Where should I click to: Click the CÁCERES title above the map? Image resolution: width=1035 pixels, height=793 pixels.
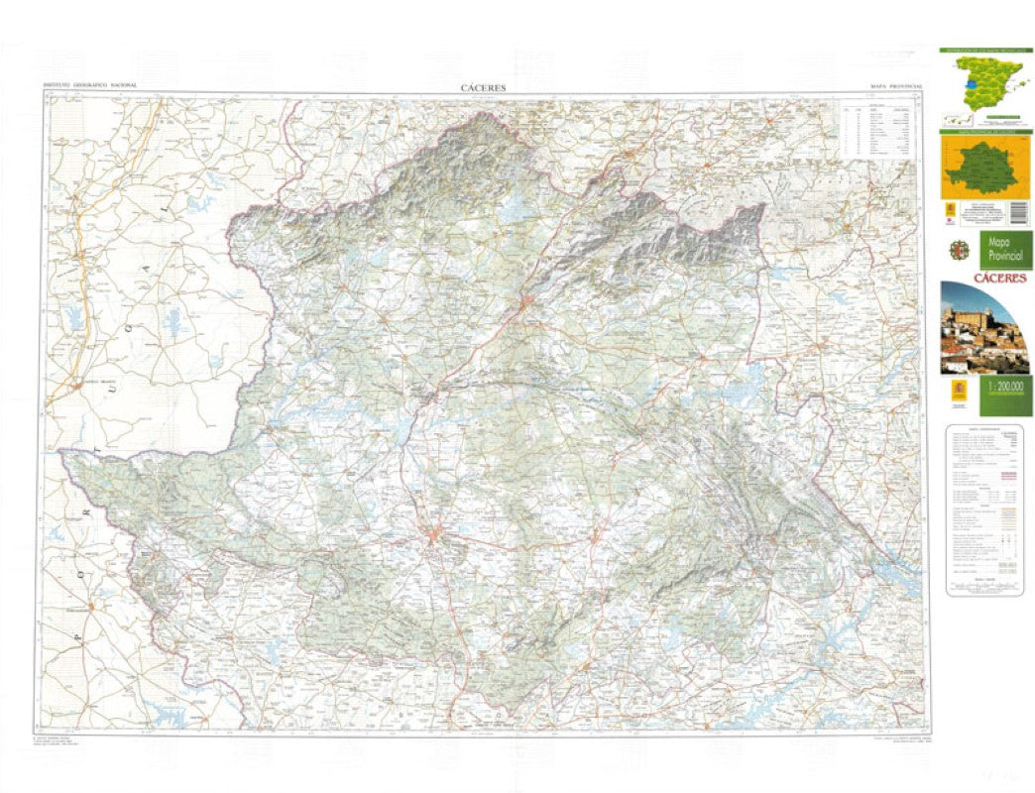click(x=484, y=87)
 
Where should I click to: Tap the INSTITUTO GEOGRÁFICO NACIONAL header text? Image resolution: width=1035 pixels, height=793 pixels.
click(x=89, y=87)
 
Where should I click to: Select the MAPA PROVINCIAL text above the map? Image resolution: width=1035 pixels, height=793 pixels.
click(x=896, y=87)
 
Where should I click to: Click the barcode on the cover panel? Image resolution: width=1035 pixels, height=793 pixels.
click(x=1015, y=211)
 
